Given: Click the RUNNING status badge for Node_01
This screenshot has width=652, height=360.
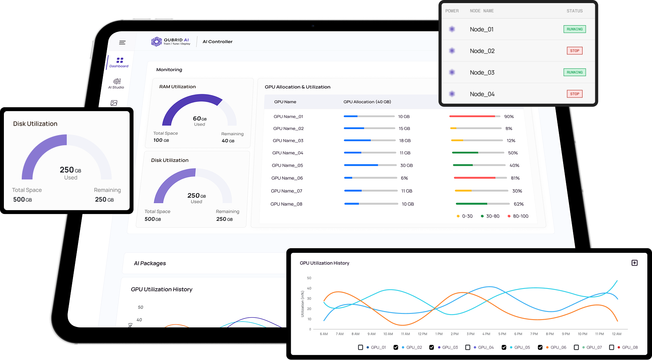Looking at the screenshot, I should pyautogui.click(x=574, y=29).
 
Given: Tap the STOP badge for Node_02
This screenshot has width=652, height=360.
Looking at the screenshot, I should pyautogui.click(x=574, y=51).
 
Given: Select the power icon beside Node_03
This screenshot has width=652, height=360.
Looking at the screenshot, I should pyautogui.click(x=452, y=72).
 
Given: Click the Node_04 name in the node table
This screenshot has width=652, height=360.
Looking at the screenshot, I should pyautogui.click(x=482, y=94).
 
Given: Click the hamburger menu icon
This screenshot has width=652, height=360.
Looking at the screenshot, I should pyautogui.click(x=122, y=43).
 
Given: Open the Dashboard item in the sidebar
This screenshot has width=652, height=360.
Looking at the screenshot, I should pyautogui.click(x=119, y=62).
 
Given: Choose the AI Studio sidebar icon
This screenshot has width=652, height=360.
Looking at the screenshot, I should pyautogui.click(x=116, y=83).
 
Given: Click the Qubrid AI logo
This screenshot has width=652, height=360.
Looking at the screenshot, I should pyautogui.click(x=171, y=42).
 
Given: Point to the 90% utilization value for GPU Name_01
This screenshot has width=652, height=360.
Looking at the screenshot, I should pyautogui.click(x=509, y=117).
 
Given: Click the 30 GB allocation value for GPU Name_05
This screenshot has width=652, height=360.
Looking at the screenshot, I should pyautogui.click(x=406, y=165).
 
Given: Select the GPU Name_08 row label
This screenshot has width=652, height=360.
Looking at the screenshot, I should pyautogui.click(x=286, y=204).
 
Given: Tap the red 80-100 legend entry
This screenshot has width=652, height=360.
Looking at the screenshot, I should pyautogui.click(x=518, y=216).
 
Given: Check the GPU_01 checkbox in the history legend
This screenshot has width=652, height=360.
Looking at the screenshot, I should pyautogui.click(x=361, y=347).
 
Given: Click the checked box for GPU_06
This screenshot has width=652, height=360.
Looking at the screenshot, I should pyautogui.click(x=540, y=347).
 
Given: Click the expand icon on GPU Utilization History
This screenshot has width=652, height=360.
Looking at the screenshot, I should pyautogui.click(x=635, y=263).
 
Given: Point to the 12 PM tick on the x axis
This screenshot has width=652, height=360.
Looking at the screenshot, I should pyautogui.click(x=422, y=334).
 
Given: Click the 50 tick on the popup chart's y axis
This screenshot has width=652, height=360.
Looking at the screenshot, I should pyautogui.click(x=309, y=278).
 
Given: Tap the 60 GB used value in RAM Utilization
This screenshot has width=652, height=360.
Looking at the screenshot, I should pyautogui.click(x=199, y=119).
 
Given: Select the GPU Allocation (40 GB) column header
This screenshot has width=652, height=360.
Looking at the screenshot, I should pyautogui.click(x=367, y=102).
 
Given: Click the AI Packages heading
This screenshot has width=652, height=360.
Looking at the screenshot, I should pyautogui.click(x=150, y=263).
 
